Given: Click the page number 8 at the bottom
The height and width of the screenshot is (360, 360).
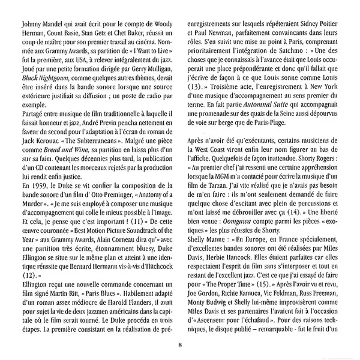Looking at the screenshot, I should coord(179,344).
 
